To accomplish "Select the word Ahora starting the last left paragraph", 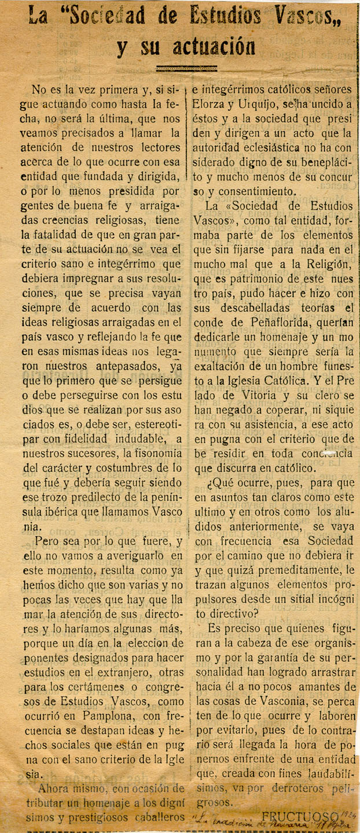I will [x=55, y=788].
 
